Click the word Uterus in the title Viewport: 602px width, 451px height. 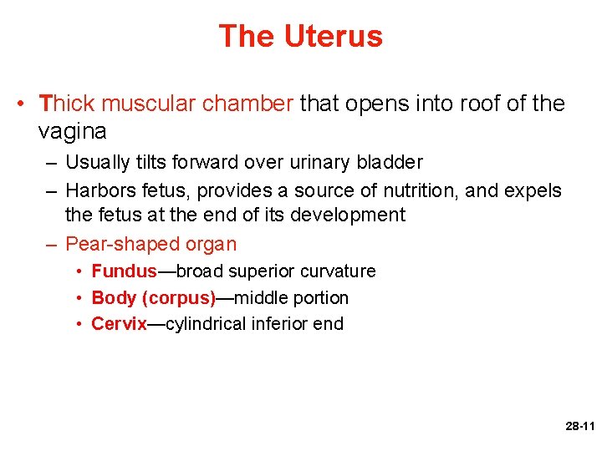[333, 36]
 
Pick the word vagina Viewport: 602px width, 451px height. [72, 131]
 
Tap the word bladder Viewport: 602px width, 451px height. [387, 162]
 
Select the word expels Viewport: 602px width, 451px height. [533, 190]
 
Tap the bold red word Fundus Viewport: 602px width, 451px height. [124, 271]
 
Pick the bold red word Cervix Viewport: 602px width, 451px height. [119, 324]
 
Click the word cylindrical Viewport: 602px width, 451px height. [205, 324]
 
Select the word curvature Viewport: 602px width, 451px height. [338, 271]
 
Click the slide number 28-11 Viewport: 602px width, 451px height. [579, 426]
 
